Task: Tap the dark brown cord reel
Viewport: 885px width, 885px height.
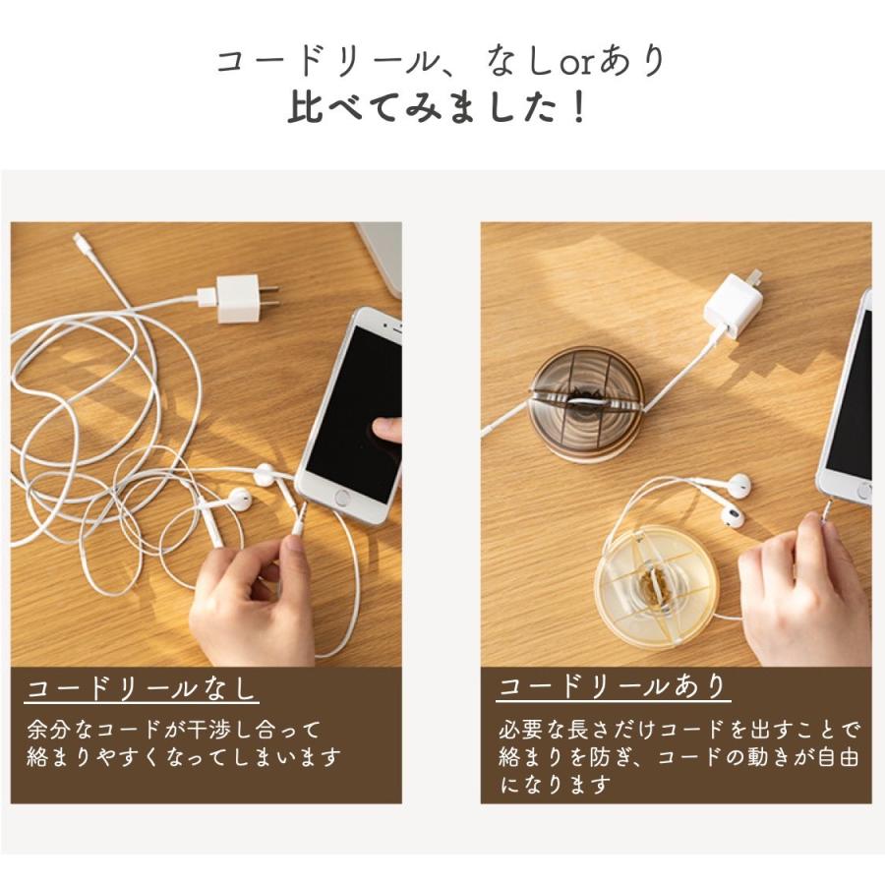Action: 586,402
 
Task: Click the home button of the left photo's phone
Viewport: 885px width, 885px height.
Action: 341,498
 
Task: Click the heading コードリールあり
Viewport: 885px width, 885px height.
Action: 614,685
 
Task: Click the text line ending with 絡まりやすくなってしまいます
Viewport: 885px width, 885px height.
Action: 184,758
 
